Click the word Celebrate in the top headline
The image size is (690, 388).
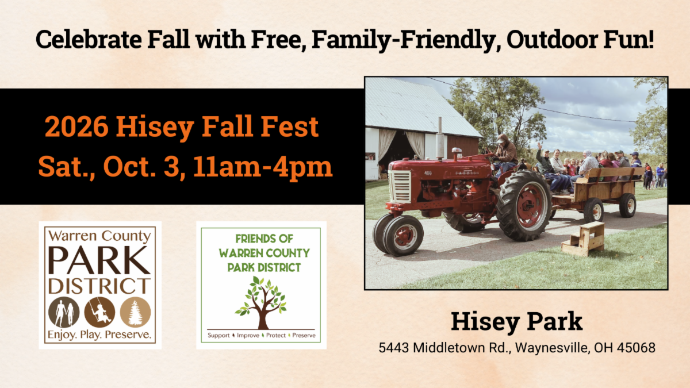[89, 39]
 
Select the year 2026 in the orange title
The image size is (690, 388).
[76, 126]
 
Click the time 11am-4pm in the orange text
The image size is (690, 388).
[263, 167]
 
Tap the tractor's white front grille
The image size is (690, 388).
[400, 187]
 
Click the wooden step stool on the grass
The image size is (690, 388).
[583, 239]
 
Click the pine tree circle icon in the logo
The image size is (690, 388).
[135, 312]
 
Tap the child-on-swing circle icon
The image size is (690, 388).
[99, 312]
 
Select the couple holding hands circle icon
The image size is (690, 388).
[64, 312]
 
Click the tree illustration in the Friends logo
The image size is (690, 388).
[262, 303]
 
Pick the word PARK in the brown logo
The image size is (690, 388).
[99, 260]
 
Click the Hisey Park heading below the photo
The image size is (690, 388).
[516, 321]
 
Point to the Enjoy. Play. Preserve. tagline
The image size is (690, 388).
[99, 335]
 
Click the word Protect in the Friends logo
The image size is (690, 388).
[275, 335]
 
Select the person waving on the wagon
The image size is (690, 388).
[544, 162]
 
